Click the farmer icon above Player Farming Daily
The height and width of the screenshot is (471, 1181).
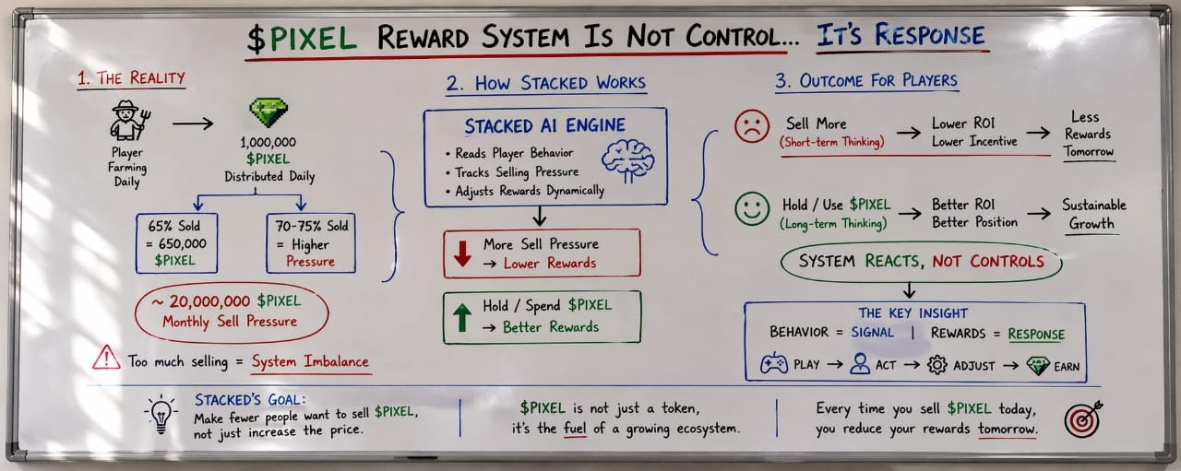click(x=127, y=121)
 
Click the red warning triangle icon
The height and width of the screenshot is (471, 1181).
click(x=106, y=358)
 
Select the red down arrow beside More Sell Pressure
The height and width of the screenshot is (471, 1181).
click(x=461, y=253)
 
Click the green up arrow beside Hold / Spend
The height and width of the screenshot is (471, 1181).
click(x=461, y=316)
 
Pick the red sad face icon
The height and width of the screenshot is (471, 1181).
click(x=752, y=126)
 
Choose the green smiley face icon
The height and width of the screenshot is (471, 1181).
click(x=752, y=208)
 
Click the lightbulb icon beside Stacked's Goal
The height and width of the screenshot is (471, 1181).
click(x=162, y=415)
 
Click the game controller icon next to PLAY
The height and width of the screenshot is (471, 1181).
click(x=773, y=365)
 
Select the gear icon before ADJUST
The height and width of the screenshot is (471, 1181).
click(x=936, y=365)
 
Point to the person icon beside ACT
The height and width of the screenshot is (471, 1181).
click(x=860, y=365)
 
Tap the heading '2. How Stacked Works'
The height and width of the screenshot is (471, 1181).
click(x=545, y=83)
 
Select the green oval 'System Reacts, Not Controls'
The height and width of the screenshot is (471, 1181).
click(x=921, y=262)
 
